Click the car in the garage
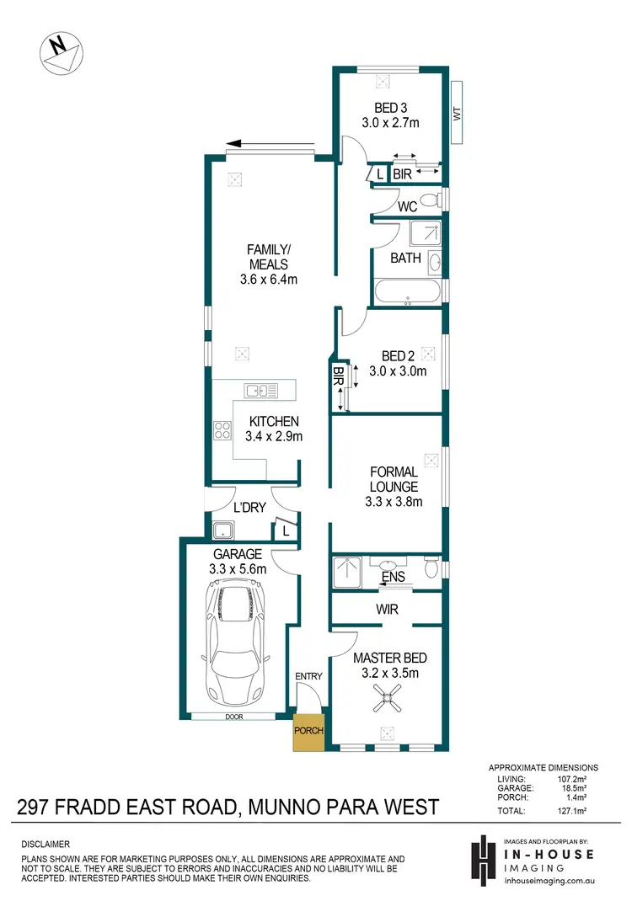click(x=238, y=638)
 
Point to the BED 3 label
click(x=391, y=107)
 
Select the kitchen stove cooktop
click(x=223, y=431)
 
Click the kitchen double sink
click(x=261, y=390)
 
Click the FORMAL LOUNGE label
click(x=393, y=479)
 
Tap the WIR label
click(x=388, y=609)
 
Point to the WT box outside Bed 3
click(x=458, y=113)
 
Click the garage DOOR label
click(x=233, y=717)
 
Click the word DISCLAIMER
click(x=46, y=843)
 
